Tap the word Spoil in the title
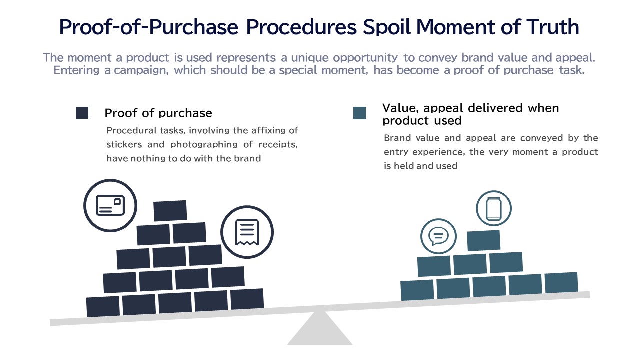pos(387,27)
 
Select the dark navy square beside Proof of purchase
pos(82,113)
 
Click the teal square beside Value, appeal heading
pos(359,113)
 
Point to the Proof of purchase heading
pos(158,113)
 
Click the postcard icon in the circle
pos(110,205)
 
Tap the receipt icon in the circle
pos(247,232)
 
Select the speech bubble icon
pos(438,236)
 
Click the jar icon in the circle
pos(493,209)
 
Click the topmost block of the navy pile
pos(170,211)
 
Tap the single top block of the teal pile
pos(483,241)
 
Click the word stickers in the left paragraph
pos(124,144)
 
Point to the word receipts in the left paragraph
pos(278,145)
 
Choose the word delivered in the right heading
pos(495,108)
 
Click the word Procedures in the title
pos(301,27)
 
